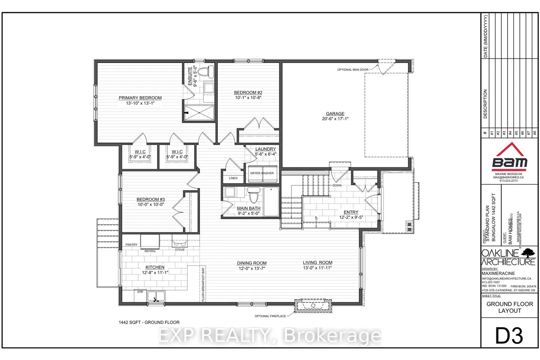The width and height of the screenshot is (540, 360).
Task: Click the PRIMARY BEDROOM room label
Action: (x=140, y=98)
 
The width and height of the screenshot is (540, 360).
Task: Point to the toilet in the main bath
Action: (x=254, y=197)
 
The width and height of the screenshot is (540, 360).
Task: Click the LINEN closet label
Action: (x=233, y=178)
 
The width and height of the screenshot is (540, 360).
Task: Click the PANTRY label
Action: (x=131, y=244)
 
